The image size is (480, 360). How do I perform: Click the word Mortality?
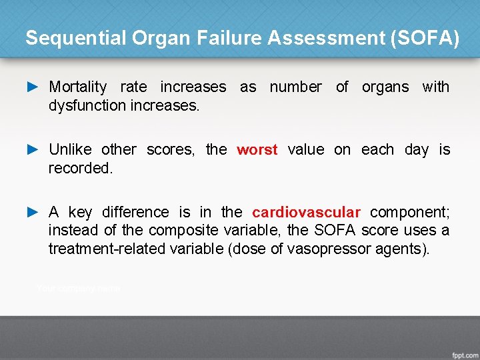coord(78,87)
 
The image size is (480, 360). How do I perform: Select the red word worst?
coord(257,149)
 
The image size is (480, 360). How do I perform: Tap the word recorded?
coord(80,168)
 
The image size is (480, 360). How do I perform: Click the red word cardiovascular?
coord(306,212)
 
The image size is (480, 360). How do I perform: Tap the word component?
coord(409,212)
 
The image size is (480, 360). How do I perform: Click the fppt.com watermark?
coord(463,351)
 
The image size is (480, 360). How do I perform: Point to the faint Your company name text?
coord(79,288)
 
